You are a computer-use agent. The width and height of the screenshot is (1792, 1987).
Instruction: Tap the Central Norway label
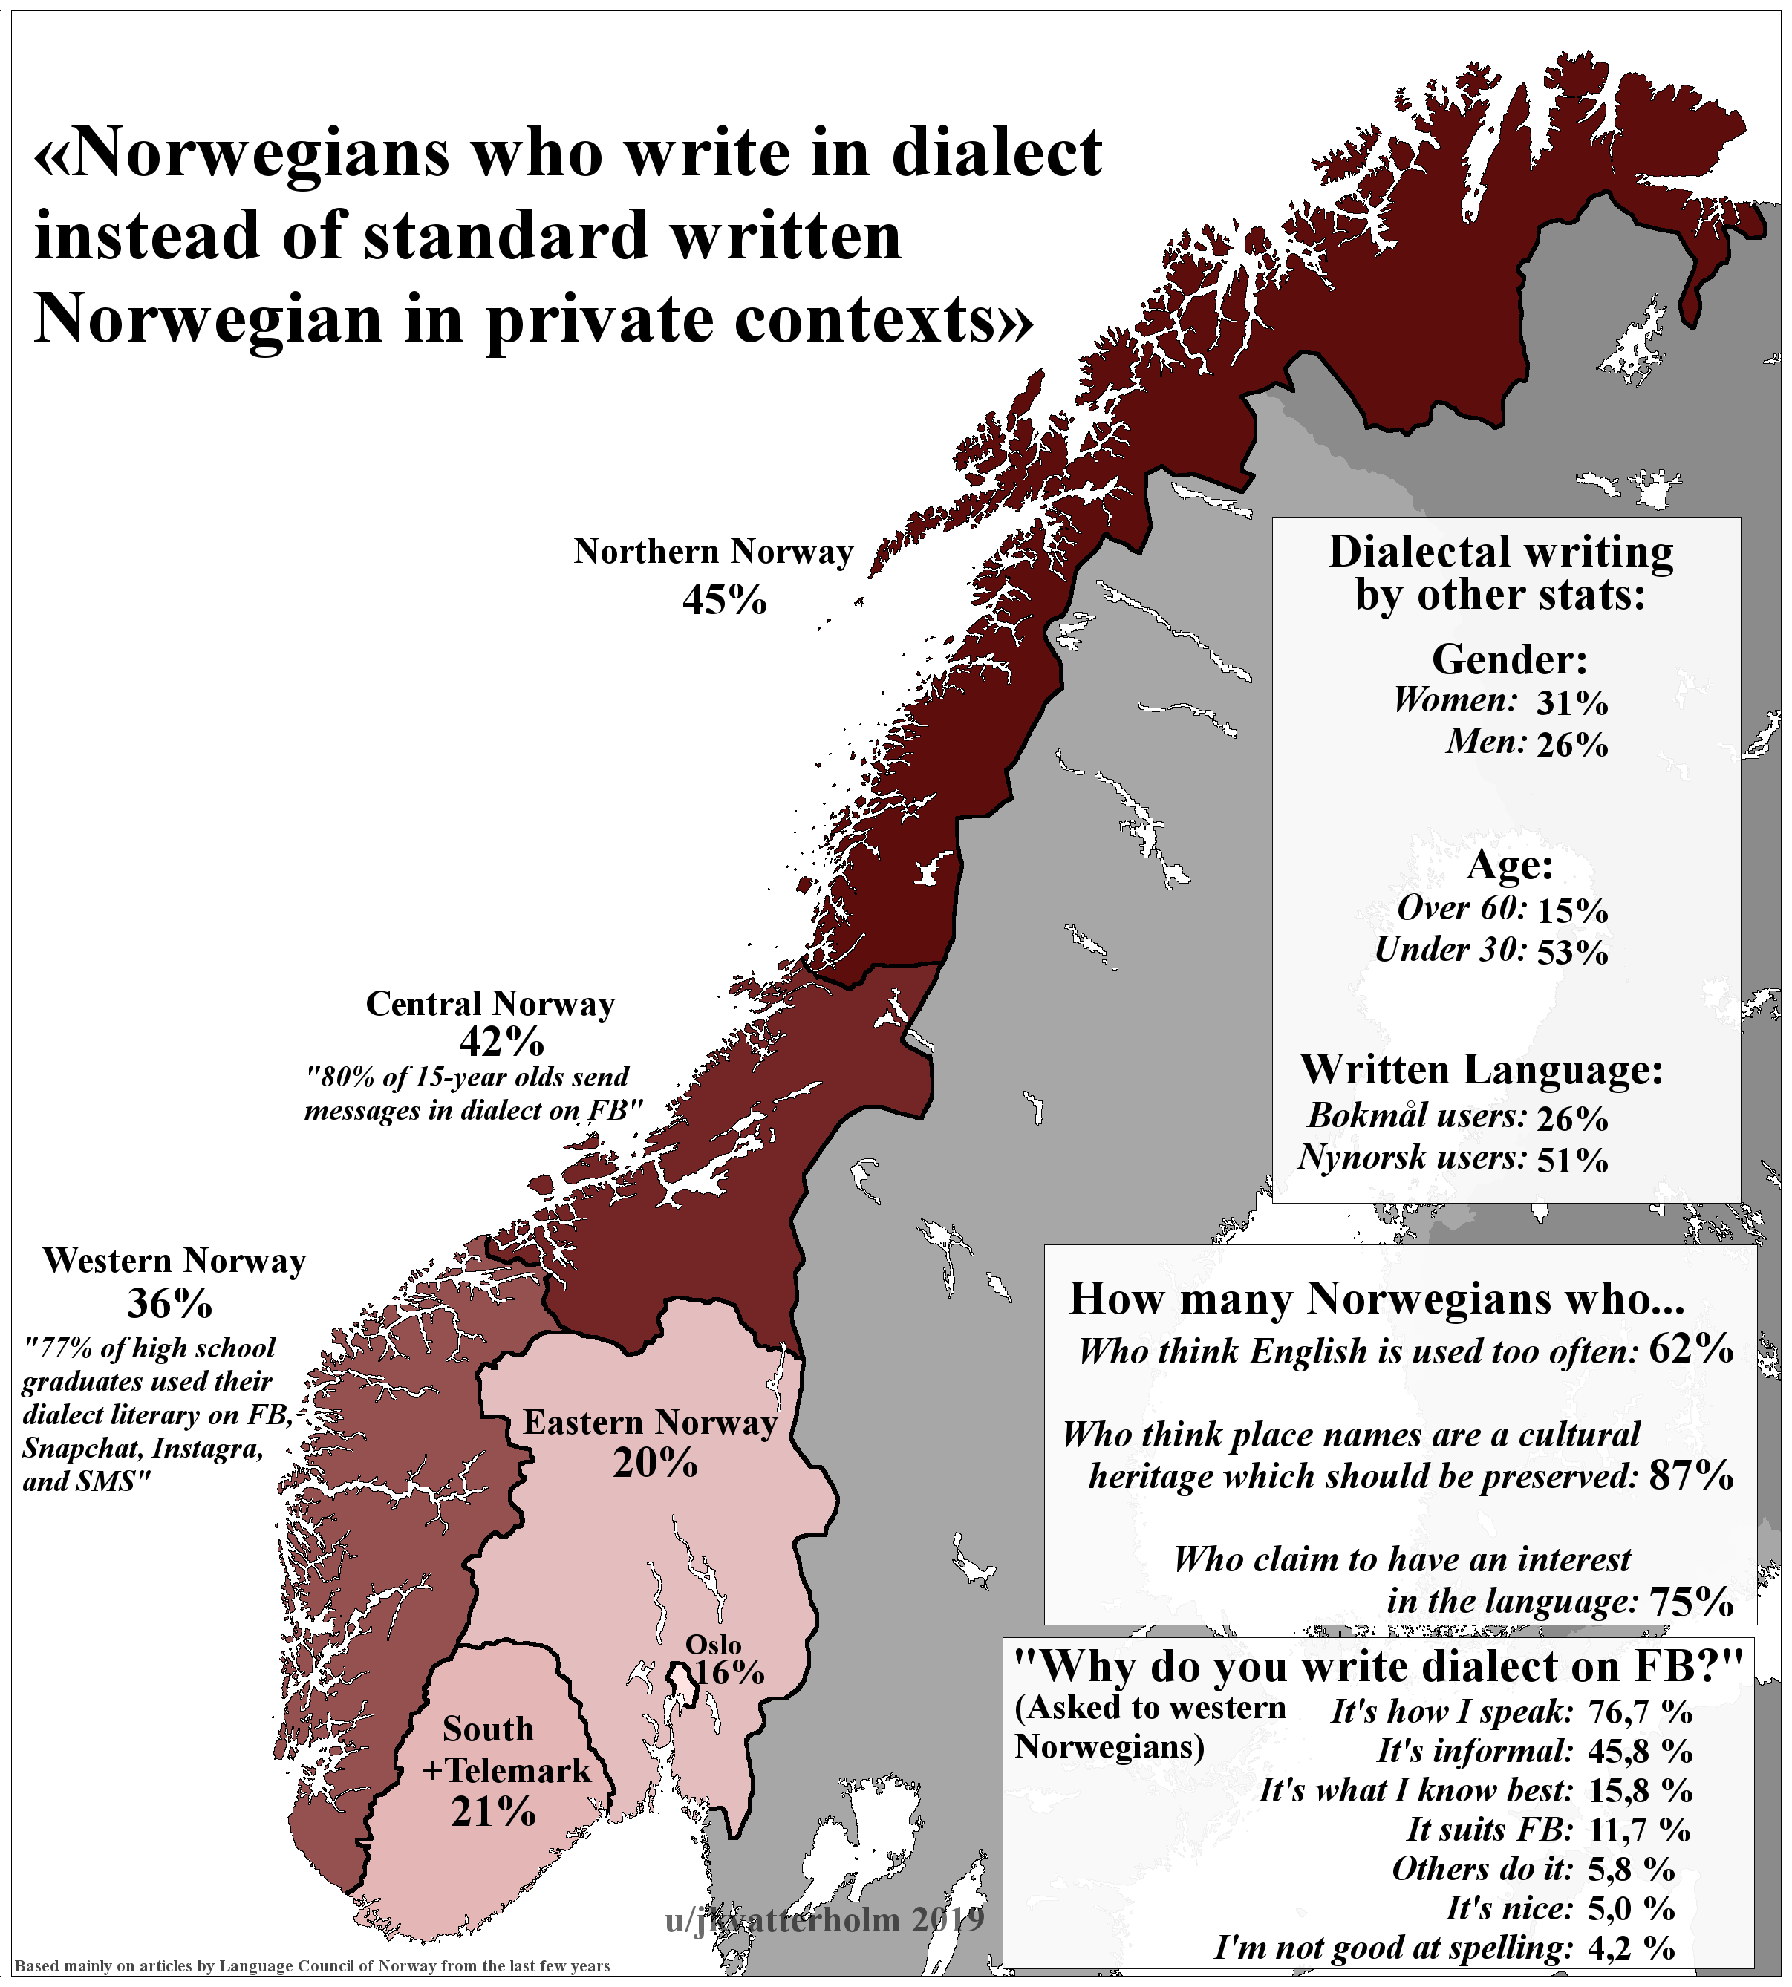pos(490,1003)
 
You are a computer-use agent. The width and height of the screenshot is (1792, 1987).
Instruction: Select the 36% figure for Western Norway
pos(169,1304)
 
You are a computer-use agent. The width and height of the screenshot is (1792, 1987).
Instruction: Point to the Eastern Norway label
pos(650,1422)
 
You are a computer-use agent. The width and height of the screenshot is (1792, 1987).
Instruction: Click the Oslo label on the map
pos(713,1645)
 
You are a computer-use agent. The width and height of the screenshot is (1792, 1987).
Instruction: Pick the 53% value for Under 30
pos(1571,951)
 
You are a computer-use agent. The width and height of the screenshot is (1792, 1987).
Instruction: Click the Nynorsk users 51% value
pos(1571,1160)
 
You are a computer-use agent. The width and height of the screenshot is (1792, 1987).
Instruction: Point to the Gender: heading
pos(1508,659)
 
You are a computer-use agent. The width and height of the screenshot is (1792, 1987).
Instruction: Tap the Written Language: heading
pos(1481,1069)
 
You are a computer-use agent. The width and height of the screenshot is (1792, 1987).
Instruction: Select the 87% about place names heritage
pos(1690,1474)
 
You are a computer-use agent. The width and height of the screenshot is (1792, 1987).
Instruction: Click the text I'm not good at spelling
pos(1392,1948)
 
